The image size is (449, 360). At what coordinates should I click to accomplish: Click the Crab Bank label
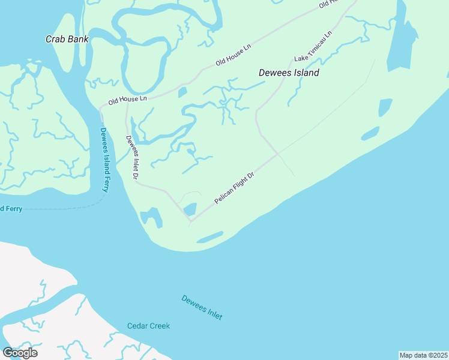pyautogui.click(x=67, y=39)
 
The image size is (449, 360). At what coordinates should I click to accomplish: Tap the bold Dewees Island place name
pyautogui.click(x=289, y=73)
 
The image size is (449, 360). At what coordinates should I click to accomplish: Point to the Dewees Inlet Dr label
pyautogui.click(x=131, y=157)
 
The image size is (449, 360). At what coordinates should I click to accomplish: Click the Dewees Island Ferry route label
pyautogui.click(x=105, y=160)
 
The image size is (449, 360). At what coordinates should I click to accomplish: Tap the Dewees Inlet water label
pyautogui.click(x=202, y=307)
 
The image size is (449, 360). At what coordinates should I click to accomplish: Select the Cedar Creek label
pyautogui.click(x=148, y=326)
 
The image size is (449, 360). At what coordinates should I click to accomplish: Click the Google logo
pyautogui.click(x=20, y=353)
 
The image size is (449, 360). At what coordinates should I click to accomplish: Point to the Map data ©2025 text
pyautogui.click(x=423, y=355)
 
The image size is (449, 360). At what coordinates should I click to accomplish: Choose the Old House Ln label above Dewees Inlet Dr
pyautogui.click(x=127, y=100)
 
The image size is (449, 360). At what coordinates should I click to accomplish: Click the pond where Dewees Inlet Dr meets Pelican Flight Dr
pyautogui.click(x=190, y=209)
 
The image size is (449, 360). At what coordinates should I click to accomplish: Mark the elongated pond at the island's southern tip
pyautogui.click(x=209, y=238)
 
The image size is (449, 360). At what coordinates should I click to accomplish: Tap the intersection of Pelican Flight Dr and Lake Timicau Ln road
pyautogui.click(x=277, y=154)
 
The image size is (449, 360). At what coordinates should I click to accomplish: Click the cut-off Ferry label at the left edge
pyautogui.click(x=10, y=208)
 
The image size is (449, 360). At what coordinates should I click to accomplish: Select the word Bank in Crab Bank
pyautogui.click(x=78, y=39)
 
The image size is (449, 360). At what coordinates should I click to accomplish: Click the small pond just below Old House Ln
pyautogui.click(x=182, y=92)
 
